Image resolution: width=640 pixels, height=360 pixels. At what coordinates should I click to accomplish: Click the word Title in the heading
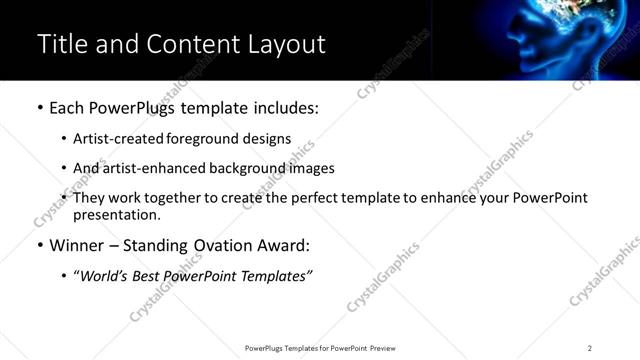61,44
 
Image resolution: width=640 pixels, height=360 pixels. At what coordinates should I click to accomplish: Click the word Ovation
209,245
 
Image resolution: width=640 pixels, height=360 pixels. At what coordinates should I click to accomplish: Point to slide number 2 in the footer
590,348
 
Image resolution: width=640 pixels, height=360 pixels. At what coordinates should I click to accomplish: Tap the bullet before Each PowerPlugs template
39,108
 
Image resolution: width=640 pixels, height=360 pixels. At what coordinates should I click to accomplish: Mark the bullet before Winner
39,245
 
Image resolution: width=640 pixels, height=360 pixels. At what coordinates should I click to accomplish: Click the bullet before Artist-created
64,139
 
